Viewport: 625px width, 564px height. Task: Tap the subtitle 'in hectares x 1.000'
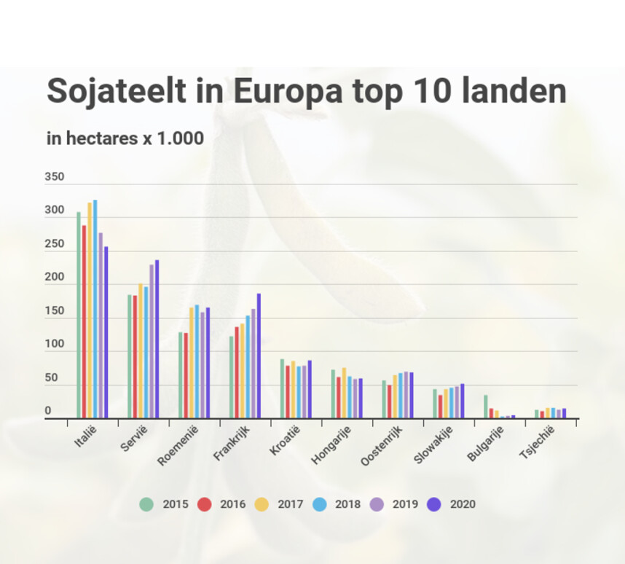tap(125, 138)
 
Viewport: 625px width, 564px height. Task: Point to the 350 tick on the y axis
tap(55, 177)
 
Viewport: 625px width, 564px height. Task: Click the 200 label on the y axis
tap(55, 278)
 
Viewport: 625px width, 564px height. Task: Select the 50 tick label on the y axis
tap(52, 379)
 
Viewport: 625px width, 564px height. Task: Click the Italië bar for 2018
tap(95, 310)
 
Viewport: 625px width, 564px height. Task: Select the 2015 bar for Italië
tap(79, 316)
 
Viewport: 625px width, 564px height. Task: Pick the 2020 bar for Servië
tap(157, 340)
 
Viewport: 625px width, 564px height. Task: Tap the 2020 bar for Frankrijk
tap(259, 356)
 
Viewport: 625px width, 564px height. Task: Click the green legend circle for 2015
tap(146, 504)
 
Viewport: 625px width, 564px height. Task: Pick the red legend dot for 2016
tap(205, 504)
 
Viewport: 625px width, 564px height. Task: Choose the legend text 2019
tap(406, 504)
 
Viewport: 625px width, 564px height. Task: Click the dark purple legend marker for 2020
tap(434, 504)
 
